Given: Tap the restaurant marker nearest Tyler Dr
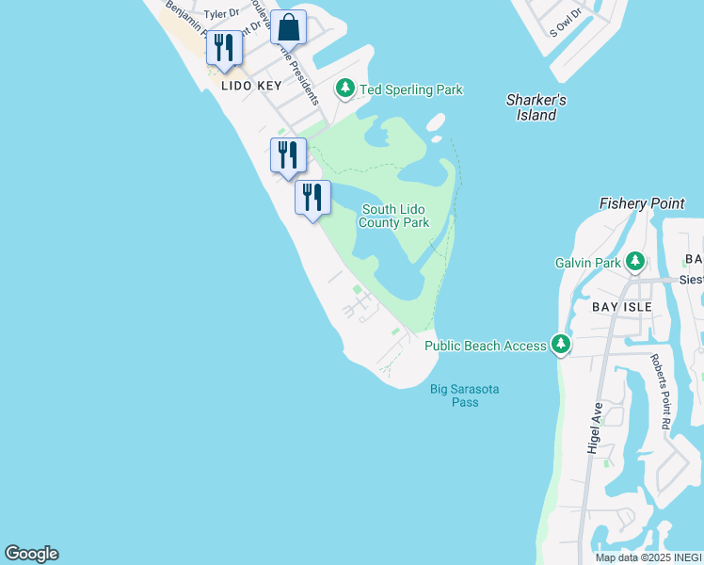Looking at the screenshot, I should pyautogui.click(x=224, y=48).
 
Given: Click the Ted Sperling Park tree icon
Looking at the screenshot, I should pyautogui.click(x=345, y=89).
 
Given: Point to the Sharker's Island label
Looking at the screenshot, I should pyautogui.click(x=536, y=107).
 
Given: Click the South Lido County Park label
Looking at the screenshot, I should pyautogui.click(x=394, y=216).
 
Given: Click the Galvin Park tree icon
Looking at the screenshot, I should pyautogui.click(x=635, y=262).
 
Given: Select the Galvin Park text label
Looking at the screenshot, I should pyautogui.click(x=587, y=263).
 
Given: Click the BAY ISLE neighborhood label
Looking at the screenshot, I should pyautogui.click(x=621, y=307).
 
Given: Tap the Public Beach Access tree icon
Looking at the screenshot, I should pyautogui.click(x=561, y=345).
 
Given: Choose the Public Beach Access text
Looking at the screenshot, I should pyautogui.click(x=485, y=346).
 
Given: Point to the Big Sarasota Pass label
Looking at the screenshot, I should pyautogui.click(x=465, y=395).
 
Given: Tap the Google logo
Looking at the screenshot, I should pyautogui.click(x=31, y=554).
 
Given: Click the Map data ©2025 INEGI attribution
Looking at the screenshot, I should pyautogui.click(x=648, y=557).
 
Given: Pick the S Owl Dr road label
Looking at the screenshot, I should pyautogui.click(x=565, y=20).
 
